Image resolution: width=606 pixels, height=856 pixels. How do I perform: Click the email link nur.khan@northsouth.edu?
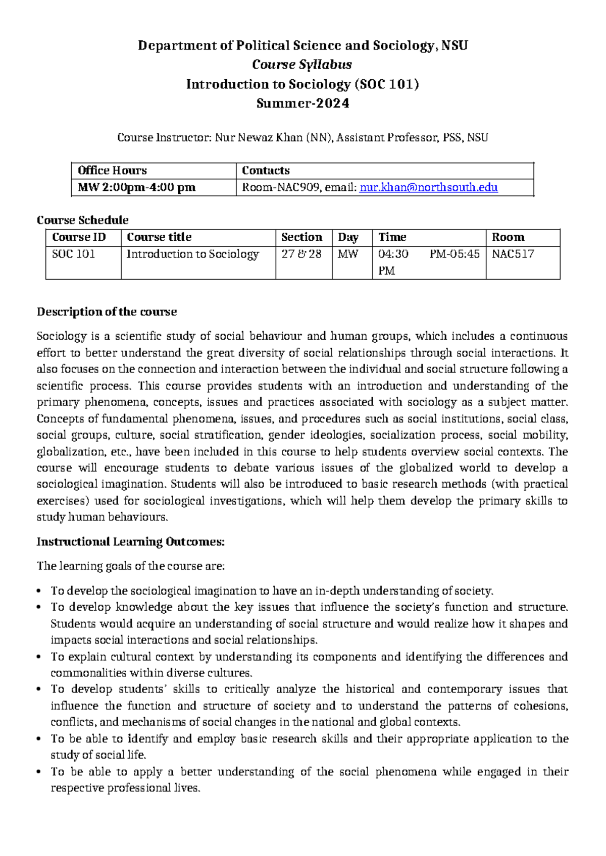pyautogui.click(x=428, y=188)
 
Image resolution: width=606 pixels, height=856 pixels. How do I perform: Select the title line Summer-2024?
pyautogui.click(x=302, y=103)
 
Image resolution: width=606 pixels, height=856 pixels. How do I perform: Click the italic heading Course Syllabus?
pyautogui.click(x=302, y=65)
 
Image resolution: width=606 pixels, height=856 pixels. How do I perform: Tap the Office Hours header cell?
pyautogui.click(x=112, y=171)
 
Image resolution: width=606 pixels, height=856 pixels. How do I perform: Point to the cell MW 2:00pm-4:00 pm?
pyautogui.click(x=136, y=188)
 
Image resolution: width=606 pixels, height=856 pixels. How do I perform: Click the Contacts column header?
pyautogui.click(x=266, y=171)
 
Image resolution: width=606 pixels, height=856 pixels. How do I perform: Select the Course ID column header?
pyautogui.click(x=79, y=237)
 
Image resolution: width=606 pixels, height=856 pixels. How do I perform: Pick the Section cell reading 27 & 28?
pyautogui.click(x=301, y=254)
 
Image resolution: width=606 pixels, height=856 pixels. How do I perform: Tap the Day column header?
pyautogui.click(x=348, y=237)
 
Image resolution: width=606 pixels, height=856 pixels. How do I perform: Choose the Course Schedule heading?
pyautogui.click(x=83, y=220)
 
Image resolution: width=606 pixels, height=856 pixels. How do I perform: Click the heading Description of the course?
pyautogui.click(x=107, y=312)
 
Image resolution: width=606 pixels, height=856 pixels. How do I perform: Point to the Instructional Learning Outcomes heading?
pyautogui.click(x=130, y=542)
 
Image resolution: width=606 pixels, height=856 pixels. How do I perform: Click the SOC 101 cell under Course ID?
pyautogui.click(x=74, y=254)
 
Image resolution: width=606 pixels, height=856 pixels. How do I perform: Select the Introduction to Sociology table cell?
pyautogui.click(x=192, y=254)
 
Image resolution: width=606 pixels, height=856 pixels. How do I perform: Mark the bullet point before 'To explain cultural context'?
pyautogui.click(x=39, y=658)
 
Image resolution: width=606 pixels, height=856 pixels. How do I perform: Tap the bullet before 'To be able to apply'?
pyautogui.click(x=39, y=773)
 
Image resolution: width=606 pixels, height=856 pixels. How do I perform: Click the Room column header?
pyautogui.click(x=508, y=237)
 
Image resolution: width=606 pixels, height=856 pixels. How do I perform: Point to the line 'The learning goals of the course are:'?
pyautogui.click(x=131, y=566)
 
